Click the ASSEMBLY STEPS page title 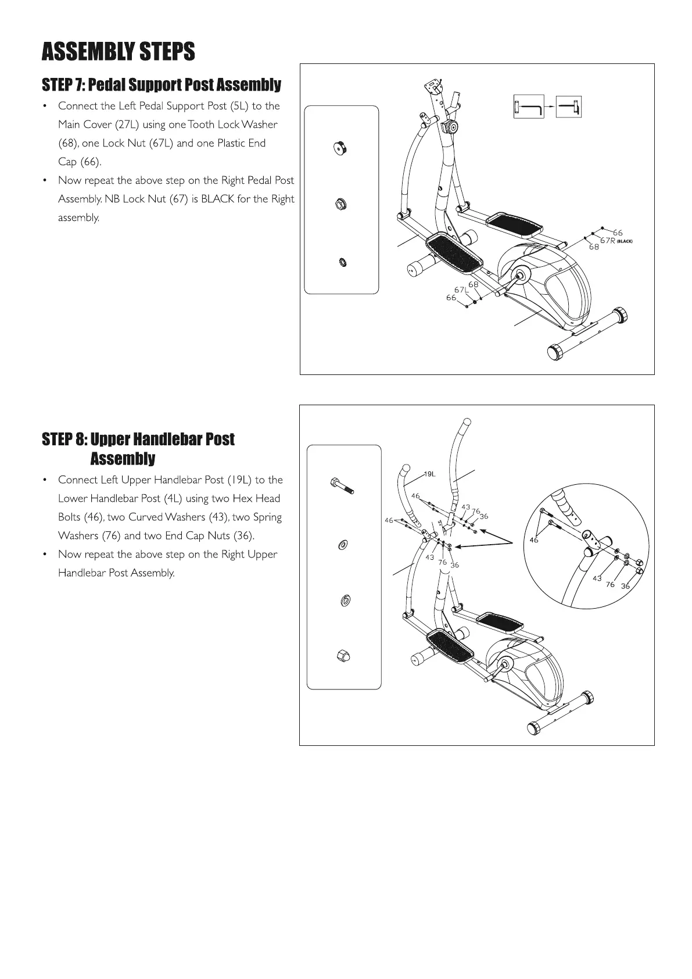tap(118, 52)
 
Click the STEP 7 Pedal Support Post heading tap(161, 85)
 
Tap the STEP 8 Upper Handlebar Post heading tap(138, 439)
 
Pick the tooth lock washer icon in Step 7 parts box tap(343, 263)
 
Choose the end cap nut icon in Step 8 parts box tap(343, 656)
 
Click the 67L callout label tap(461, 290)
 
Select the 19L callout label tap(429, 474)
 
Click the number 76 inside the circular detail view tap(610, 584)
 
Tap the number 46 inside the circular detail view tap(534, 540)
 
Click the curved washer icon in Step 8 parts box tap(343, 545)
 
